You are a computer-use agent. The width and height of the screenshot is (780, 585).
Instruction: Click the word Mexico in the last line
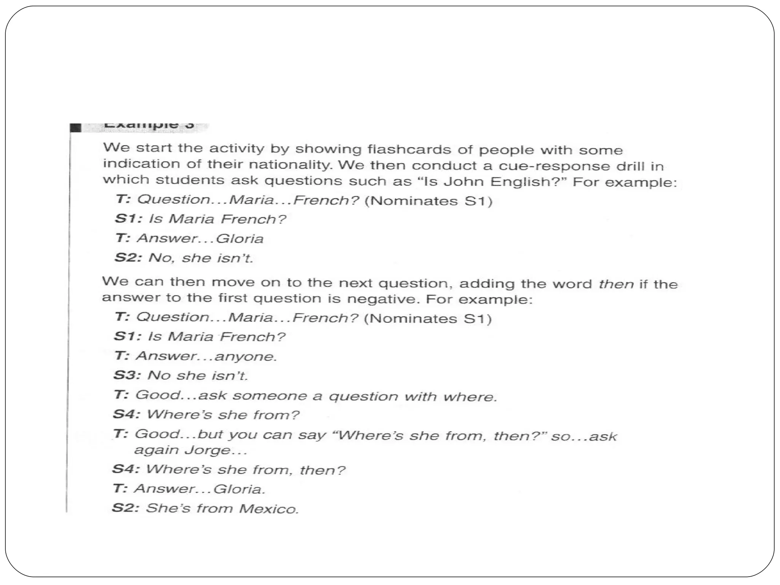pyautogui.click(x=269, y=509)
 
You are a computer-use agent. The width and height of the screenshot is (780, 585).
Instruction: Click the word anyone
pyautogui.click(x=245, y=356)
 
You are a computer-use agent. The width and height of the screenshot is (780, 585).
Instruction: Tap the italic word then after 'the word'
pyautogui.click(x=616, y=284)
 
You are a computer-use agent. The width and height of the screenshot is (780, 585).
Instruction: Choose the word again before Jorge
pyautogui.click(x=157, y=450)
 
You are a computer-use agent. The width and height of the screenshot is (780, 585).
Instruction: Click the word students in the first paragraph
pyautogui.click(x=190, y=180)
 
